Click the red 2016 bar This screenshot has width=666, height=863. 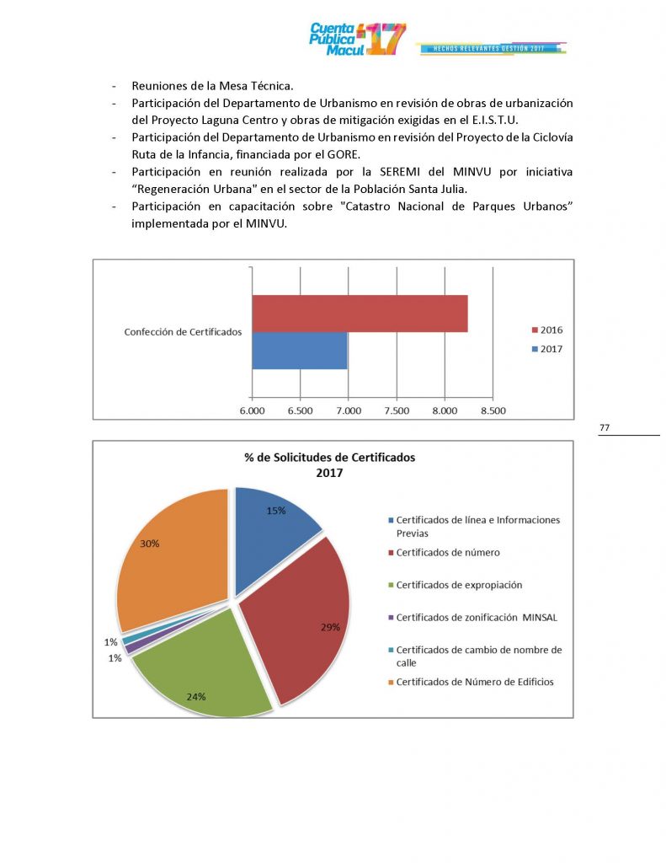tap(360, 314)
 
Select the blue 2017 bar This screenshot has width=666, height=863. tap(300, 351)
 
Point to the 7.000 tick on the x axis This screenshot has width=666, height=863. tap(348, 411)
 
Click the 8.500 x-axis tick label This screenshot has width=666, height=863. tap(493, 411)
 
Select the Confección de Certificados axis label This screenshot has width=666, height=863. tap(183, 332)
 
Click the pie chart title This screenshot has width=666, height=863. tap(330, 465)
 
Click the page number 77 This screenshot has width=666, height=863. tap(605, 428)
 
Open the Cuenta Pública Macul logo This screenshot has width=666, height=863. tap(358, 40)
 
